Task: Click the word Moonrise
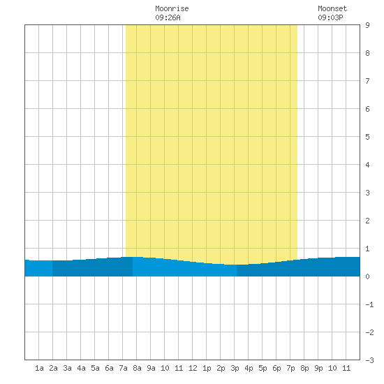tap(172, 8)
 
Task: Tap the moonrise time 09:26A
tap(168, 17)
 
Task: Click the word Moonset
tap(332, 8)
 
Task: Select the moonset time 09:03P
tap(330, 17)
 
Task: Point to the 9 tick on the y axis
tap(367, 25)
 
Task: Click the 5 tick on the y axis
tap(367, 137)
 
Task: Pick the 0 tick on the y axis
tap(367, 276)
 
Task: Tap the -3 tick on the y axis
tap(369, 360)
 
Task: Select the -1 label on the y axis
tap(369, 304)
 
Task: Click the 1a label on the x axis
tap(39, 368)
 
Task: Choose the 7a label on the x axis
tap(123, 368)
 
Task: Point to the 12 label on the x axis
tap(193, 368)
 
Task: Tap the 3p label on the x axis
tap(235, 369)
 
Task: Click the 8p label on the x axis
tap(304, 369)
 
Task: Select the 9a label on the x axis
tap(151, 368)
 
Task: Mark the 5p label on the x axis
tap(263, 369)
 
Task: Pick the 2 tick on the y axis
tap(367, 221)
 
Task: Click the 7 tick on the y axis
tap(367, 81)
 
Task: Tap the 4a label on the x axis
tap(81, 368)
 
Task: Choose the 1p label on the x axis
tap(207, 369)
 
